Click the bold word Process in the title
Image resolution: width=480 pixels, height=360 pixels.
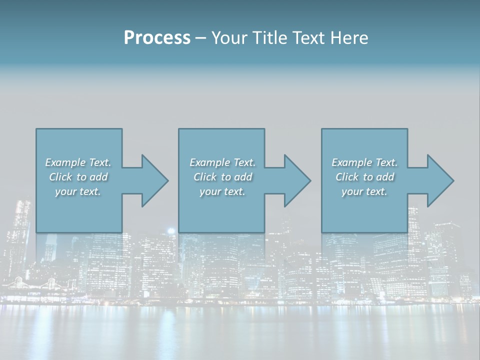click(x=157, y=38)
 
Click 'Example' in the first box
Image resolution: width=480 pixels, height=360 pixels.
click(x=65, y=162)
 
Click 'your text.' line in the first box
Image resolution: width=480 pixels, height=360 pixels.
click(x=78, y=191)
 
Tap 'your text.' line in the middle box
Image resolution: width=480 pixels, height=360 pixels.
click(x=222, y=191)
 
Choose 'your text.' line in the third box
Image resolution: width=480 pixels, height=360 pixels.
click(x=364, y=191)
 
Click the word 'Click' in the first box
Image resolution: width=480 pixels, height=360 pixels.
click(x=60, y=177)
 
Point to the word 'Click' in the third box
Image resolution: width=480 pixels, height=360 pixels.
click(x=347, y=177)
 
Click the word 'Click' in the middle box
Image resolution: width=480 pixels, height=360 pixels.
click(x=205, y=177)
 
